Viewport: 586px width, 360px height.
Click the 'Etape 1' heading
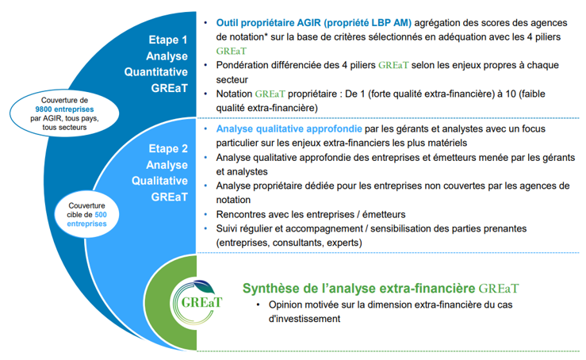pos(168,40)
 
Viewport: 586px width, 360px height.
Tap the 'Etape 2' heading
pos(168,148)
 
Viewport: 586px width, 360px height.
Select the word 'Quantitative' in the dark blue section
pos(156,72)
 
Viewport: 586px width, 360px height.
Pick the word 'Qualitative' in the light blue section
pos(159,181)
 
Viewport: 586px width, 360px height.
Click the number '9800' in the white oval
pos(44,109)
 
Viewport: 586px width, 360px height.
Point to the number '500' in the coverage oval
pos(101,215)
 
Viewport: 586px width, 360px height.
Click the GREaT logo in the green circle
pos(198,301)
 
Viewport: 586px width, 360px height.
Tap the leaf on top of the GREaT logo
pos(204,286)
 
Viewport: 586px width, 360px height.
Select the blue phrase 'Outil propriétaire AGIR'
pos(268,23)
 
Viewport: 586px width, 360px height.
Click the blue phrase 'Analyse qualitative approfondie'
pos(289,129)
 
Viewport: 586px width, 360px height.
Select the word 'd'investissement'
pos(304,319)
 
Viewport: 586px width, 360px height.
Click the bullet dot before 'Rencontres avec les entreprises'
pos(205,214)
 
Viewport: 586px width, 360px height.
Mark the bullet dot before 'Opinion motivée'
pos(258,304)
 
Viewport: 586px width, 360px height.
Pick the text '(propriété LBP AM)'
pos(368,23)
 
